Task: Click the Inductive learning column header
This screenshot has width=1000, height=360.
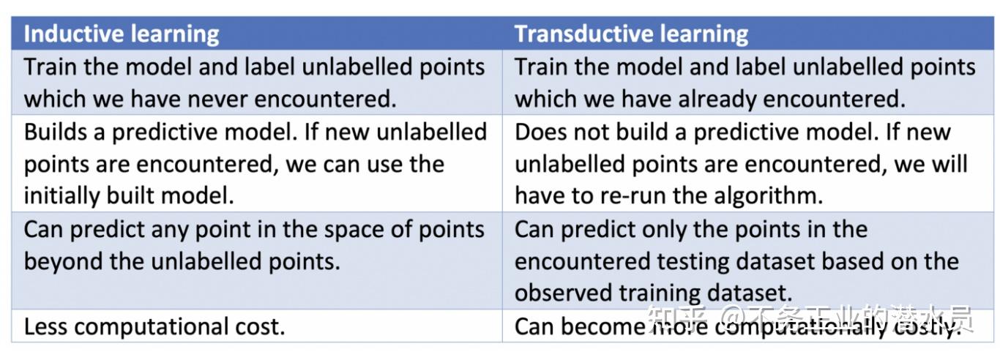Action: click(122, 34)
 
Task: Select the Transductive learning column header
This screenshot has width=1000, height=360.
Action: click(631, 34)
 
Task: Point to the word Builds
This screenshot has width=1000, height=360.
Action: click(55, 132)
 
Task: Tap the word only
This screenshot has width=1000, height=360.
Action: click(680, 229)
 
